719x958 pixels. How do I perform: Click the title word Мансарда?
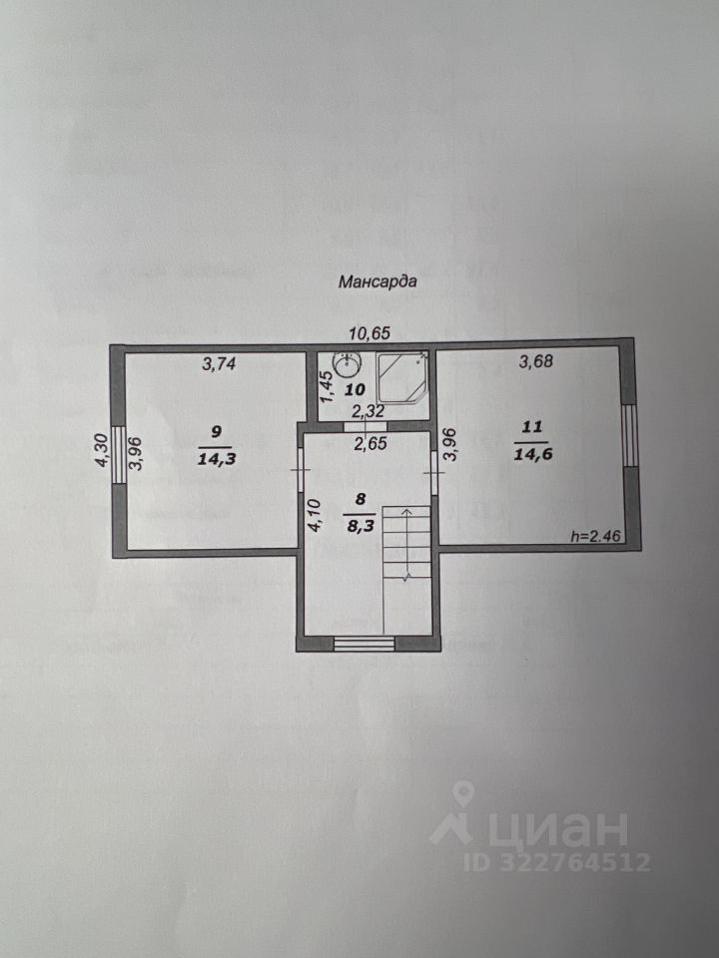376,281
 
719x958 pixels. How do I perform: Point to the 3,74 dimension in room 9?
219,364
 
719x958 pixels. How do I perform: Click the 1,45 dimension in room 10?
324,387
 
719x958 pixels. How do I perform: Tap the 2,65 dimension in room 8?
369,444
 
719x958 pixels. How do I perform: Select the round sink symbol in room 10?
347,362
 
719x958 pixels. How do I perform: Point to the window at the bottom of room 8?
364,644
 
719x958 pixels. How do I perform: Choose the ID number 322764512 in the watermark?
578,862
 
